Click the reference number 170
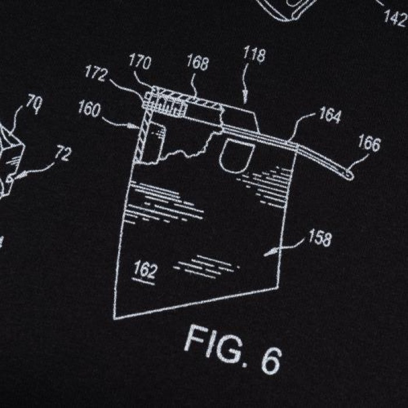(140, 61)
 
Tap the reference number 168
(198, 62)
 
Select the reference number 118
(255, 54)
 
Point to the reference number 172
(96, 73)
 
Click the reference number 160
(90, 110)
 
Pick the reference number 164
(330, 115)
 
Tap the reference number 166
(369, 143)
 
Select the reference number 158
(320, 238)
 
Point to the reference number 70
(34, 104)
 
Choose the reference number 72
(63, 154)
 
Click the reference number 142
(396, 17)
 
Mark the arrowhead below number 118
(245, 99)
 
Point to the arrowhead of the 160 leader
(134, 126)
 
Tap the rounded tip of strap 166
(350, 175)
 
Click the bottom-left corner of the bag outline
(114, 318)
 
